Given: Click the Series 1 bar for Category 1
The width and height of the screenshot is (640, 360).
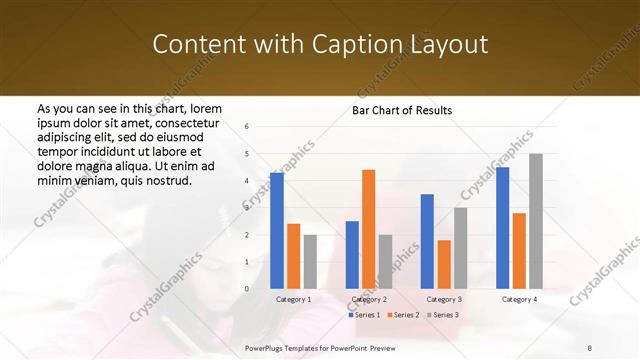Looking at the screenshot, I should (x=277, y=230).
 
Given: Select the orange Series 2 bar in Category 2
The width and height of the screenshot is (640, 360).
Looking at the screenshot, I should (x=368, y=229).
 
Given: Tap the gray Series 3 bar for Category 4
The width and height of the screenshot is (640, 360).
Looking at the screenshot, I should (x=536, y=221).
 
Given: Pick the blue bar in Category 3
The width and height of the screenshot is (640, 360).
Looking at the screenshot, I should (x=427, y=241).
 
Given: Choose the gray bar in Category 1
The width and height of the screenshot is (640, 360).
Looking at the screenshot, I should (x=310, y=261).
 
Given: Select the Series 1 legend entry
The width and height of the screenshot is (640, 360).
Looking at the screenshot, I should (x=365, y=315).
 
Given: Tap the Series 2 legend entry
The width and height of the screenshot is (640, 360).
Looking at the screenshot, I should (x=401, y=315).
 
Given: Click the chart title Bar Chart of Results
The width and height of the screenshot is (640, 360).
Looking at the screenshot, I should (x=402, y=110).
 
